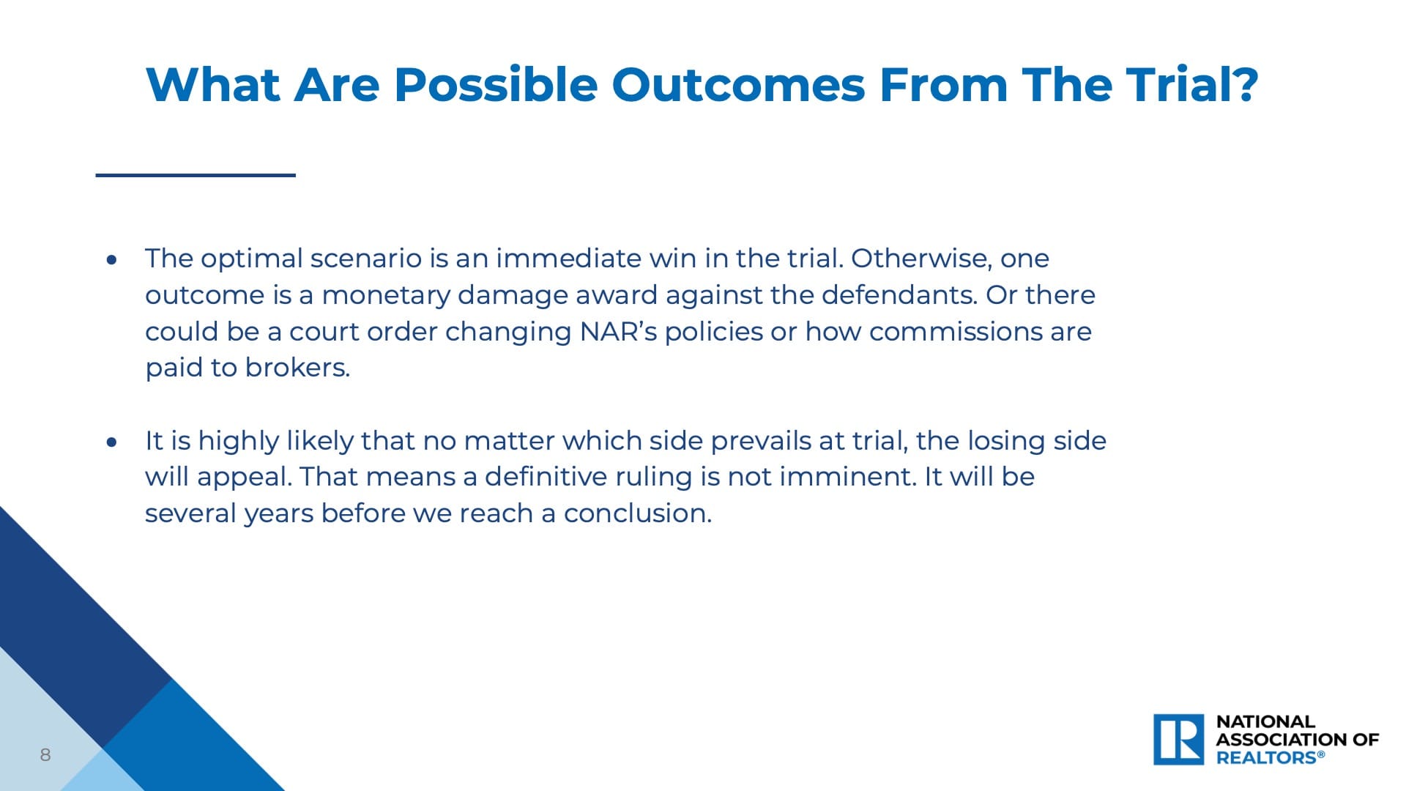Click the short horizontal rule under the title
point(196,175)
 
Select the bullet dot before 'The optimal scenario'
point(111,259)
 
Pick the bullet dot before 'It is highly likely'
point(111,442)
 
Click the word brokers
point(298,368)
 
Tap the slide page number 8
point(45,755)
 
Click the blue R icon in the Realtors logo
point(1179,740)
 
